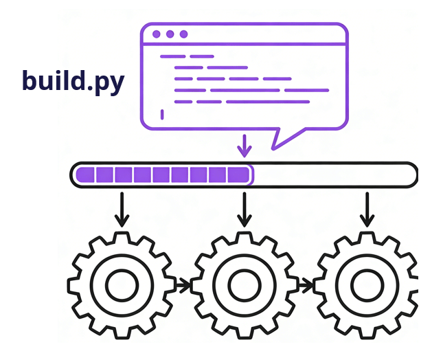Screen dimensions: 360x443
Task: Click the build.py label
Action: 73,81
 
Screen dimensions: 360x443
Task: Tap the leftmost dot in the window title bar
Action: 157,34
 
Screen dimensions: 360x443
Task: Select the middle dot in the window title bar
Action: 170,34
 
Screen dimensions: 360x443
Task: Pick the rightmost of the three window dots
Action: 183,34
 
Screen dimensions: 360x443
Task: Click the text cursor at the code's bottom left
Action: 162,114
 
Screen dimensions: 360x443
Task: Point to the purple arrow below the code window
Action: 243,146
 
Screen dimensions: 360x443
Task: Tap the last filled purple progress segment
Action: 238,175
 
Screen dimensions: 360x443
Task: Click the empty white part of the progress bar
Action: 334,175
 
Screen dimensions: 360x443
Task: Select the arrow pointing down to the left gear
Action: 122,209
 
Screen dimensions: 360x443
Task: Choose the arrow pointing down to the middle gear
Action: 244,209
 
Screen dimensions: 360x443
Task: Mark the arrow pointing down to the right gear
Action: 367,209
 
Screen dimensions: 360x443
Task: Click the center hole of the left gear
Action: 122,284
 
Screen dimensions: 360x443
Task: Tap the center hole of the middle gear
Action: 244,284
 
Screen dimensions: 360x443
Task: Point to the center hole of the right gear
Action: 367,284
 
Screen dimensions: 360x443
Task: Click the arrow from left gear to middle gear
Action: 183,284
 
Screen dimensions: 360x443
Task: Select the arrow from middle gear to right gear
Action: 305,284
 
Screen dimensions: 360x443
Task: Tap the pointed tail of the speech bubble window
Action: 277,140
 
